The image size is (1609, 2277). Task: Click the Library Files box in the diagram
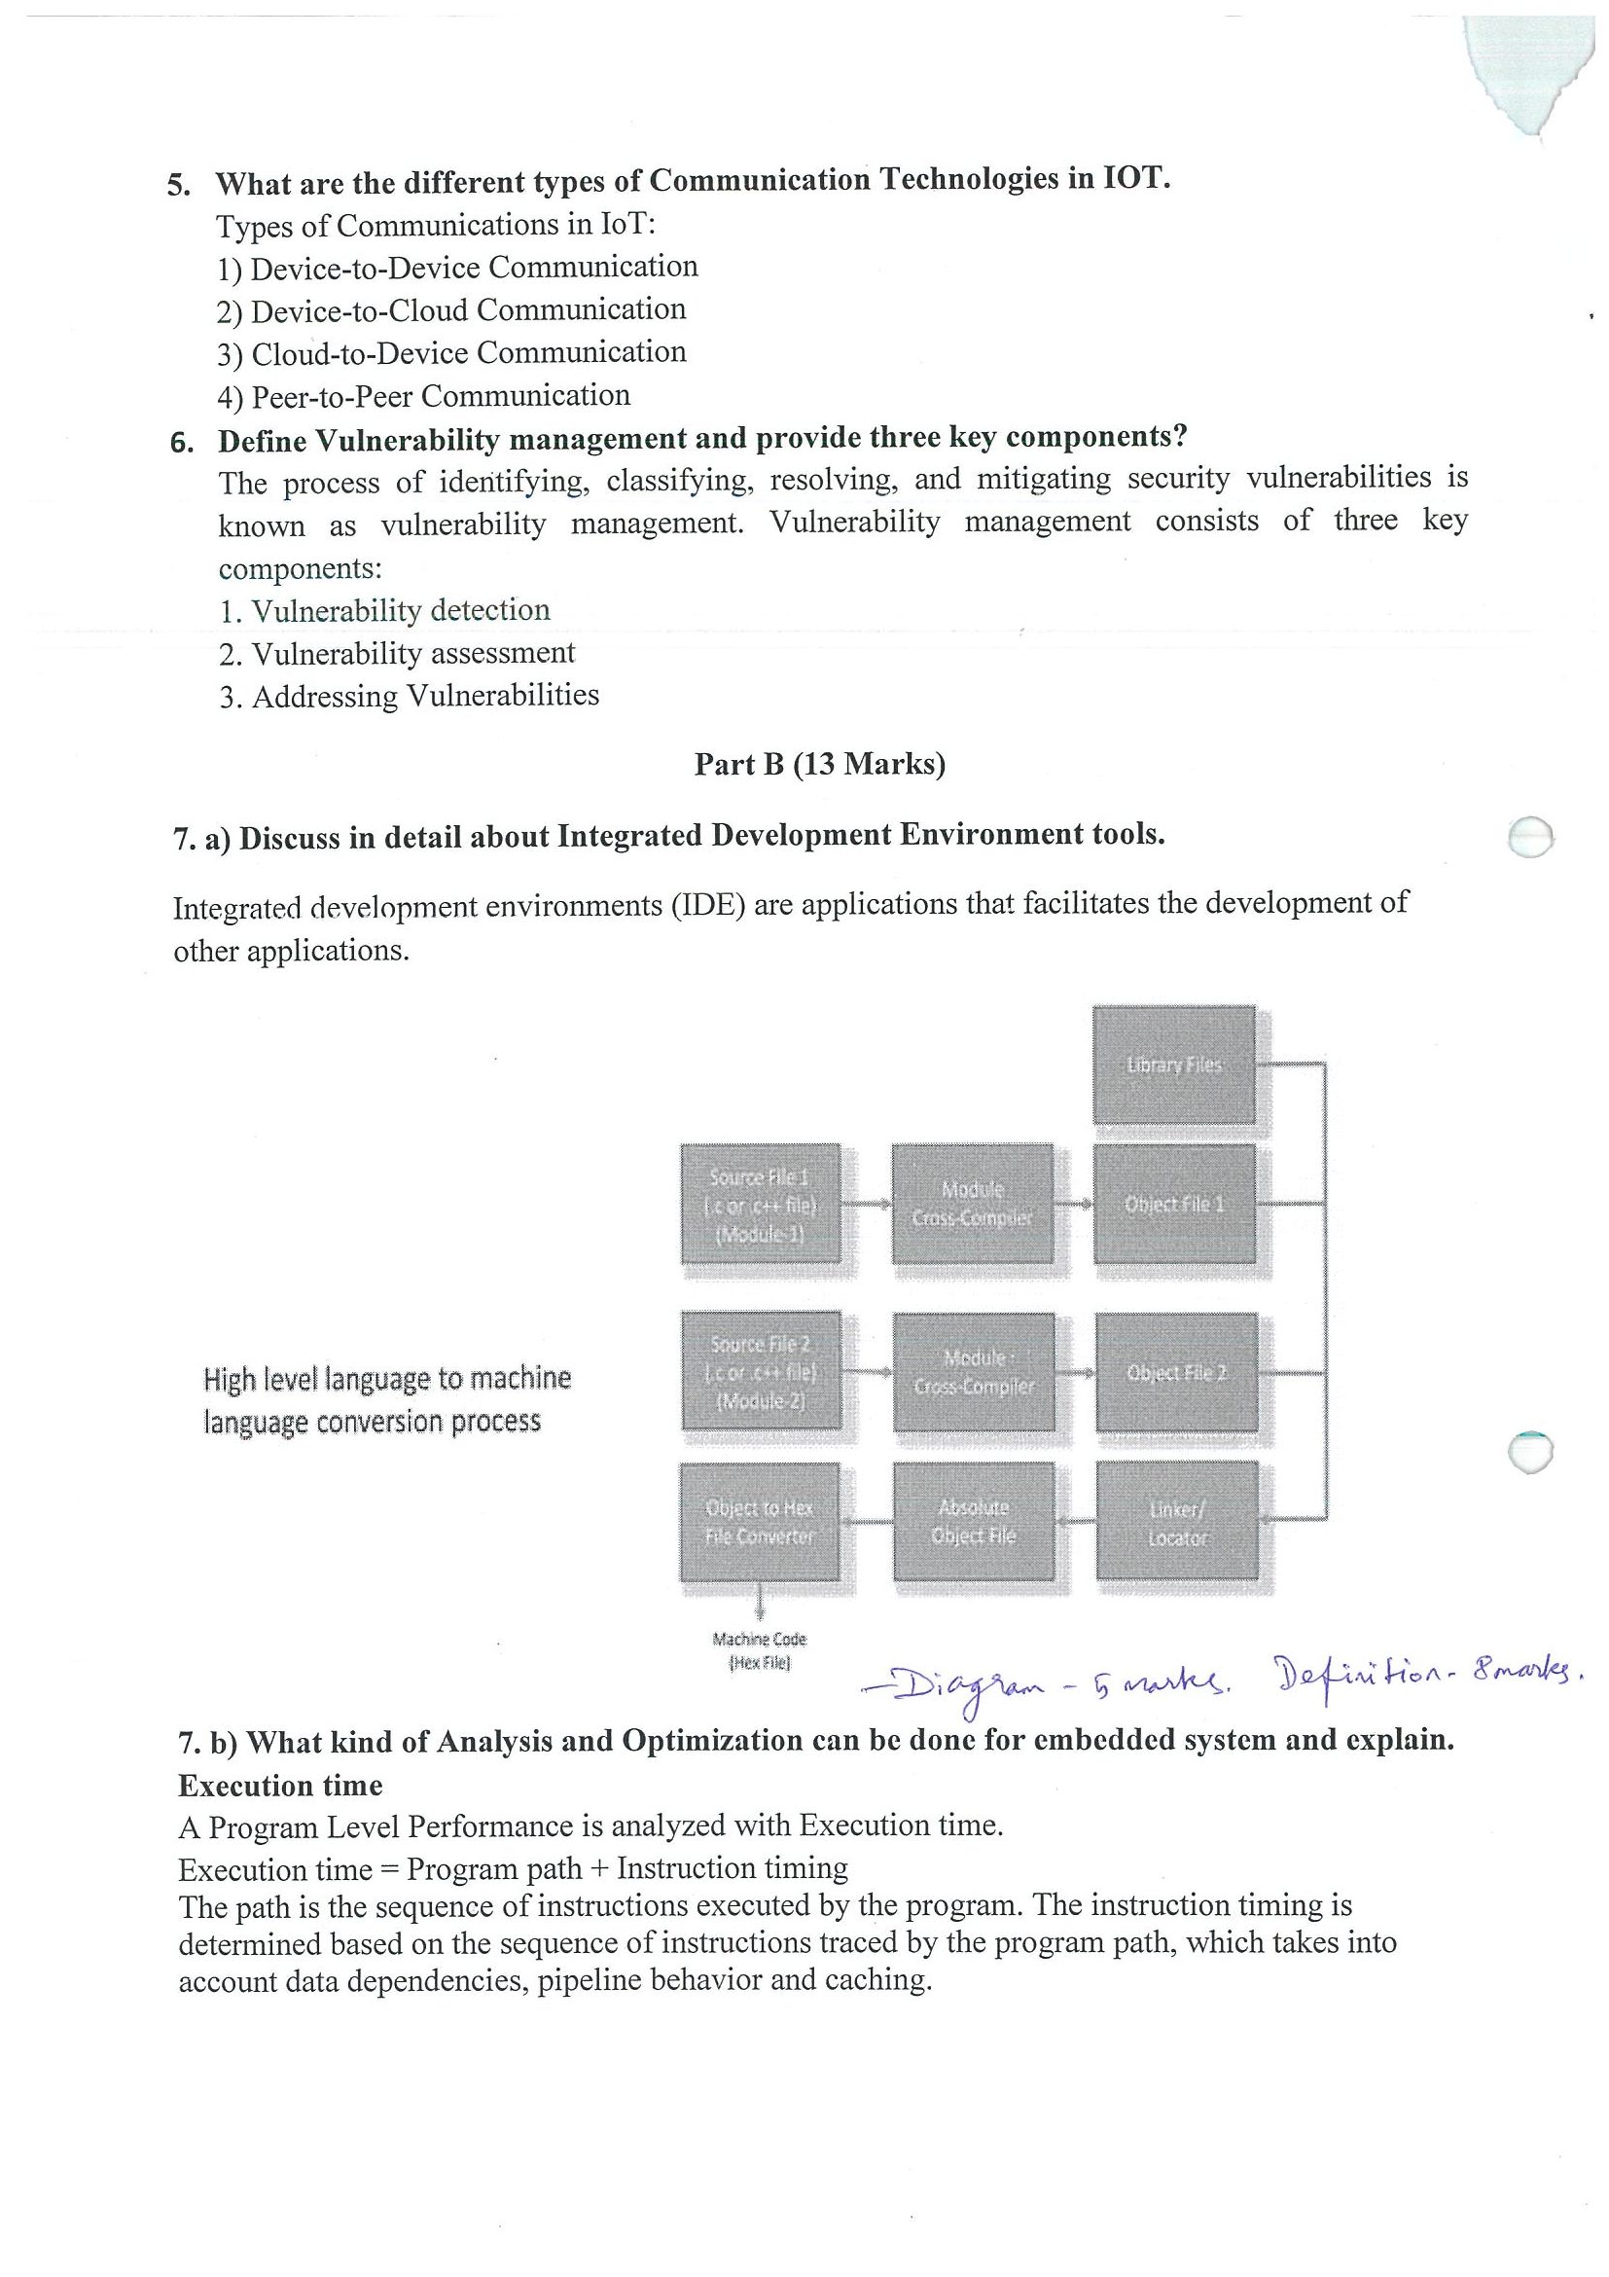tap(1174, 1065)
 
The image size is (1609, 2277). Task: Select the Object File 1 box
tap(1174, 1204)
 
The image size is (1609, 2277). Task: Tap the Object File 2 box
tap(1176, 1373)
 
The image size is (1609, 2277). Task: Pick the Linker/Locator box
tap(1177, 1523)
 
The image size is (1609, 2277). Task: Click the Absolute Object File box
tap(973, 1521)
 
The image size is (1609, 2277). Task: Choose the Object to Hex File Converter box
tap(760, 1522)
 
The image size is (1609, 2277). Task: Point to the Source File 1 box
tap(761, 1203)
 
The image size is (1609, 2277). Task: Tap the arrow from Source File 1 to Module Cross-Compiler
tap(867, 1204)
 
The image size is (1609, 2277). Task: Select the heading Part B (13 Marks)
tap(819, 765)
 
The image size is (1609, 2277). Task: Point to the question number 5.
tap(179, 187)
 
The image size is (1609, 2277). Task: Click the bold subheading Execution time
tap(280, 1787)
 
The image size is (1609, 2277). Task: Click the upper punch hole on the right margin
tap(1529, 837)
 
